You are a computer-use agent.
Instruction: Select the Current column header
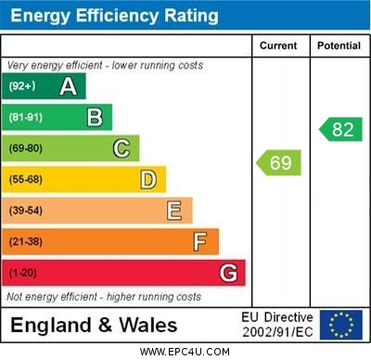278,45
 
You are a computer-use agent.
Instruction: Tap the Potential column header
339,45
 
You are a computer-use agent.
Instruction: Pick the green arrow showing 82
340,129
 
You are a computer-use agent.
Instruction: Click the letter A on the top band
68,86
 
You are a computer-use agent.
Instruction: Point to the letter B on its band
95,117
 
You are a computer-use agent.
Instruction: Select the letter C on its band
122,148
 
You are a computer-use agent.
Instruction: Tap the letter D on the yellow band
148,179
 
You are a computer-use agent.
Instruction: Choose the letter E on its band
174,211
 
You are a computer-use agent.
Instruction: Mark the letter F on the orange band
200,241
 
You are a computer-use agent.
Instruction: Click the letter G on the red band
228,273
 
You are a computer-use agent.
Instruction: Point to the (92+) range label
21,86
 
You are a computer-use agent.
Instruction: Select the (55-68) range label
26,180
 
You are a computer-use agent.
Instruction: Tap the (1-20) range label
23,274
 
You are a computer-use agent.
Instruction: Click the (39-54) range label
26,212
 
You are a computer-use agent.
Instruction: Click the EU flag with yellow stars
341,324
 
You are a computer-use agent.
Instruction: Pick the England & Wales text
95,325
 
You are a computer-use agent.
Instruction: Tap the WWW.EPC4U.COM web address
185,352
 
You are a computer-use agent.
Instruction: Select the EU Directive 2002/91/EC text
277,324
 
